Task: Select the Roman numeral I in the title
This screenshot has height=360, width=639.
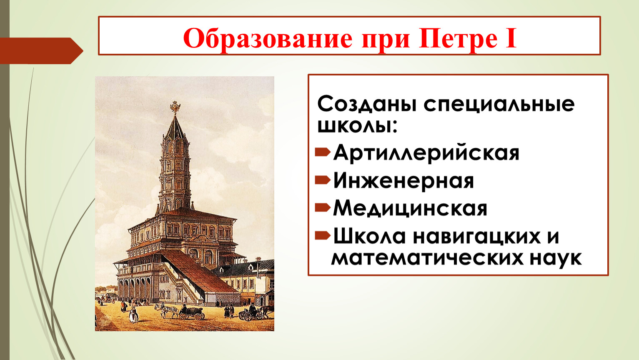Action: (x=511, y=38)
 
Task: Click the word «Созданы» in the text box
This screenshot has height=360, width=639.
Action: (x=366, y=105)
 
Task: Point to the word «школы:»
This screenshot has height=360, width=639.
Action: (x=357, y=125)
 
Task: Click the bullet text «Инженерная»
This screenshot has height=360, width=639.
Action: (x=403, y=180)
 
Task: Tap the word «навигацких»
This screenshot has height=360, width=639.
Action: (x=477, y=237)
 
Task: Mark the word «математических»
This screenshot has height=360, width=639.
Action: (x=429, y=258)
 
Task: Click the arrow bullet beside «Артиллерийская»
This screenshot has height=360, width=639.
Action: (x=323, y=152)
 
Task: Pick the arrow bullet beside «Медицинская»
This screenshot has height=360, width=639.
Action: (x=323, y=207)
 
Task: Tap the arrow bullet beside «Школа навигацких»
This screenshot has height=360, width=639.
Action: (x=323, y=235)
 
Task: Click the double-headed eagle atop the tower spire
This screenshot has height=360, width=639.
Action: (x=175, y=107)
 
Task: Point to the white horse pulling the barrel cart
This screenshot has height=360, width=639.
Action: (x=166, y=310)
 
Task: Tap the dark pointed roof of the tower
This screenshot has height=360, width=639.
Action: (x=175, y=129)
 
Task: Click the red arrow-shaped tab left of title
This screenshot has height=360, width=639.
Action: (x=41, y=51)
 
